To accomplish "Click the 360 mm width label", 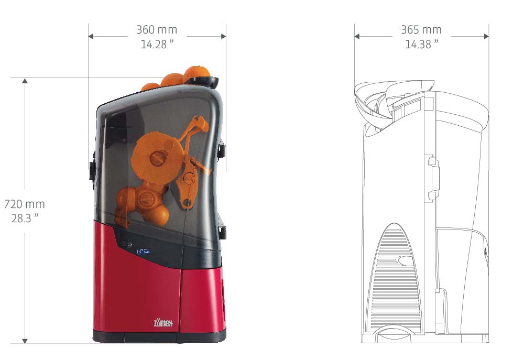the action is (x=157, y=30).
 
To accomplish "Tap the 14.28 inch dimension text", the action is (x=157, y=44).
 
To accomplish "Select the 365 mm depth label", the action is (x=421, y=30).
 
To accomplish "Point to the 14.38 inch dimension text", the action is (x=422, y=44).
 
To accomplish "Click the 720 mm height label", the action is (x=25, y=204).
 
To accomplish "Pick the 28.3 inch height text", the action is (x=25, y=219).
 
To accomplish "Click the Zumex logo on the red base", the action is (x=163, y=323).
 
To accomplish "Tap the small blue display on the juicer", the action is (x=144, y=252).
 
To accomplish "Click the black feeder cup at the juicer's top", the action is (x=202, y=82).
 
